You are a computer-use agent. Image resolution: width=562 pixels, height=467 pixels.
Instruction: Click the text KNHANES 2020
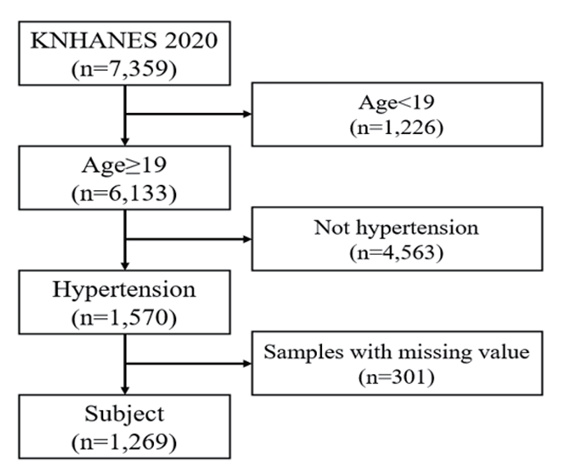(x=124, y=40)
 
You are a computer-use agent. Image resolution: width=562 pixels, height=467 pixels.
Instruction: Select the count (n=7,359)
(x=124, y=68)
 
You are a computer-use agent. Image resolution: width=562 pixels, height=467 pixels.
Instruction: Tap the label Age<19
(x=397, y=103)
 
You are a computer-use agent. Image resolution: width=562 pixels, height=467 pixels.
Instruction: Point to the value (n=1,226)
(x=397, y=127)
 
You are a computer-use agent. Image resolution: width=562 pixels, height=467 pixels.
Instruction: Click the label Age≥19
(x=124, y=165)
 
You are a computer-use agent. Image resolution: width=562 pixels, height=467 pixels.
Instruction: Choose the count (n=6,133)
(x=124, y=194)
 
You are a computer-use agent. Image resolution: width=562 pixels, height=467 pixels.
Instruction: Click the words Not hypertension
(x=397, y=228)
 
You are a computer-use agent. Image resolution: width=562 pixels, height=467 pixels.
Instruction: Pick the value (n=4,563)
(x=397, y=252)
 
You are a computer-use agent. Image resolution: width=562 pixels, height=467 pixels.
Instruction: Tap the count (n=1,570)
(x=124, y=318)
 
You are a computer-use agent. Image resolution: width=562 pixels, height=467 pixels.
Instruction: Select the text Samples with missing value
(x=397, y=352)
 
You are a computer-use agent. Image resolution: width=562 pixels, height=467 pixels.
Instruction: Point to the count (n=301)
(x=397, y=377)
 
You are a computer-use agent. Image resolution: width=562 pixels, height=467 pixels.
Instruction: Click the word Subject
(x=124, y=414)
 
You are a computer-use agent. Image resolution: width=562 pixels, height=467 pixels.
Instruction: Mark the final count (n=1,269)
(x=124, y=442)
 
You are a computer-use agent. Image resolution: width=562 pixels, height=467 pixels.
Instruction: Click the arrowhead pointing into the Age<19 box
(x=248, y=114)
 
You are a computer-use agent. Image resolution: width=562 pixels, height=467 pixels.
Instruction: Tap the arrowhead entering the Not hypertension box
(x=248, y=239)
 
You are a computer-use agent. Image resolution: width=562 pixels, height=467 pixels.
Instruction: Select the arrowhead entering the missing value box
(x=248, y=364)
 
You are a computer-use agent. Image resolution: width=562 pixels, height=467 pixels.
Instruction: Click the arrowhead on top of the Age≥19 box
(x=124, y=142)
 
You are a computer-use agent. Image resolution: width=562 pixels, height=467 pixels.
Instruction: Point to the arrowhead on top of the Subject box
(x=124, y=391)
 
